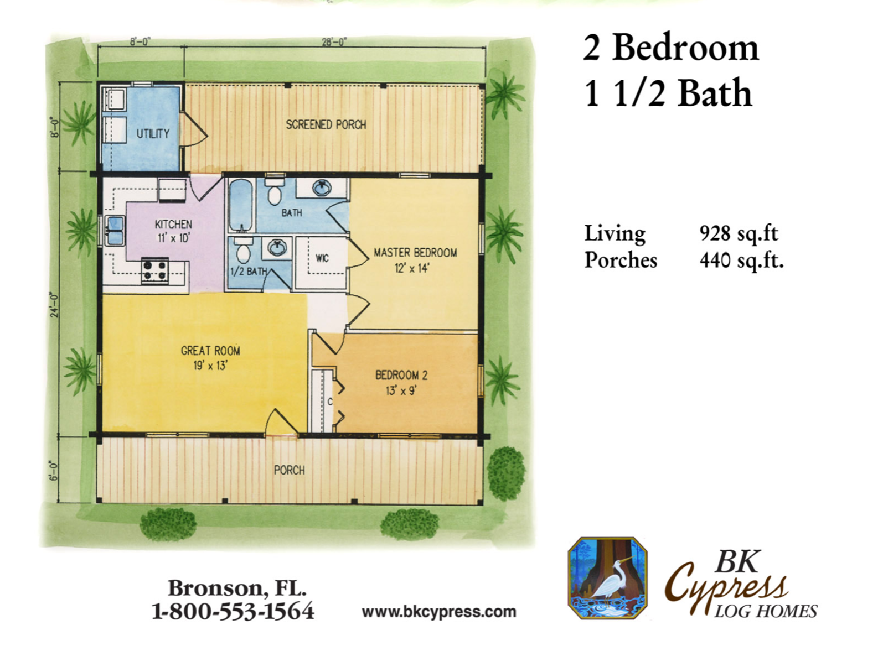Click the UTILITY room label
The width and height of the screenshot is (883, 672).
click(152, 133)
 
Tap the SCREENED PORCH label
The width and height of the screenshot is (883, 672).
click(326, 124)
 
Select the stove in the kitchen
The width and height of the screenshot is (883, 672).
click(155, 271)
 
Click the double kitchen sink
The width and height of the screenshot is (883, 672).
click(115, 230)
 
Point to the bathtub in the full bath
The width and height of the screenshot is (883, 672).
click(241, 205)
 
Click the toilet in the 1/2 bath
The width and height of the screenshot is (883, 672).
click(243, 251)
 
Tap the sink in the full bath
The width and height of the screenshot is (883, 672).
click(322, 187)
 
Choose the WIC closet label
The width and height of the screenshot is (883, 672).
click(322, 258)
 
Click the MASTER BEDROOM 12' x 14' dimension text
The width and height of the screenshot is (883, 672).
click(412, 268)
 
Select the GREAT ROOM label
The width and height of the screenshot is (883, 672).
click(210, 351)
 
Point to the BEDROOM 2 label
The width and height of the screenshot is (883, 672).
click(401, 376)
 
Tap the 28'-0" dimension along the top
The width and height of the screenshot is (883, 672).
click(334, 41)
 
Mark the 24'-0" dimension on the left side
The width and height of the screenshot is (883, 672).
click(54, 305)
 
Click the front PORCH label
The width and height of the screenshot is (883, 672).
click(289, 470)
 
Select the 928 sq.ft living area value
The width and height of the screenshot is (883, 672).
click(739, 233)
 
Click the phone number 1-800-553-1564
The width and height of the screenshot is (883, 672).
click(233, 612)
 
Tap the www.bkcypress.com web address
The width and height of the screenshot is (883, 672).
click(439, 612)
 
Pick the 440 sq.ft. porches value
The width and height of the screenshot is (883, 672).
click(742, 260)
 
